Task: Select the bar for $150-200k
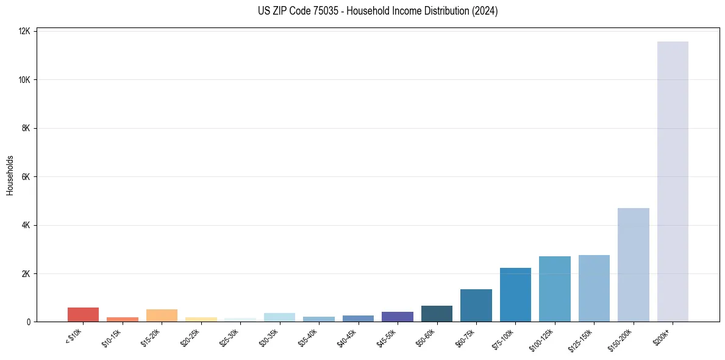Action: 633,265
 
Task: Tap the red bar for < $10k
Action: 83,314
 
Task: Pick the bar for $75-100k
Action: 515,295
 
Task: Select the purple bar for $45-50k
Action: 397,317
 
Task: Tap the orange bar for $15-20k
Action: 162,315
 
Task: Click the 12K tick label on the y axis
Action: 25,31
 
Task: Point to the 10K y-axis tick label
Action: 25,80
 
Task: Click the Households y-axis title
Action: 10,175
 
